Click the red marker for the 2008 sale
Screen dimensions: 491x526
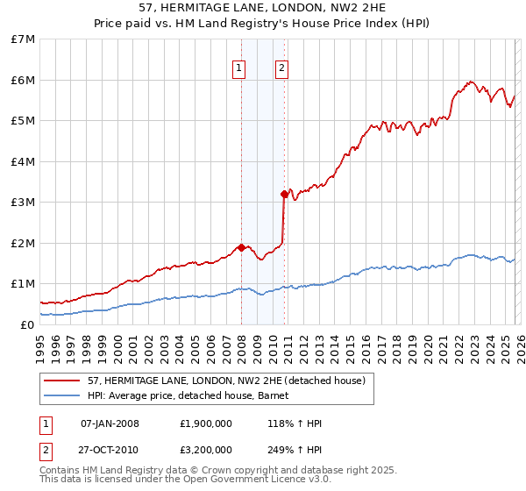(241, 247)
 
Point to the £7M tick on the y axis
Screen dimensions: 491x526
(24, 39)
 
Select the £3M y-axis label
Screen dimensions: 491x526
(24, 203)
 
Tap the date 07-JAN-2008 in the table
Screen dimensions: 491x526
(110, 423)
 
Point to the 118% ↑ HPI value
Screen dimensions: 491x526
(295, 423)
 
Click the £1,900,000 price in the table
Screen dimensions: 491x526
(206, 423)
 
